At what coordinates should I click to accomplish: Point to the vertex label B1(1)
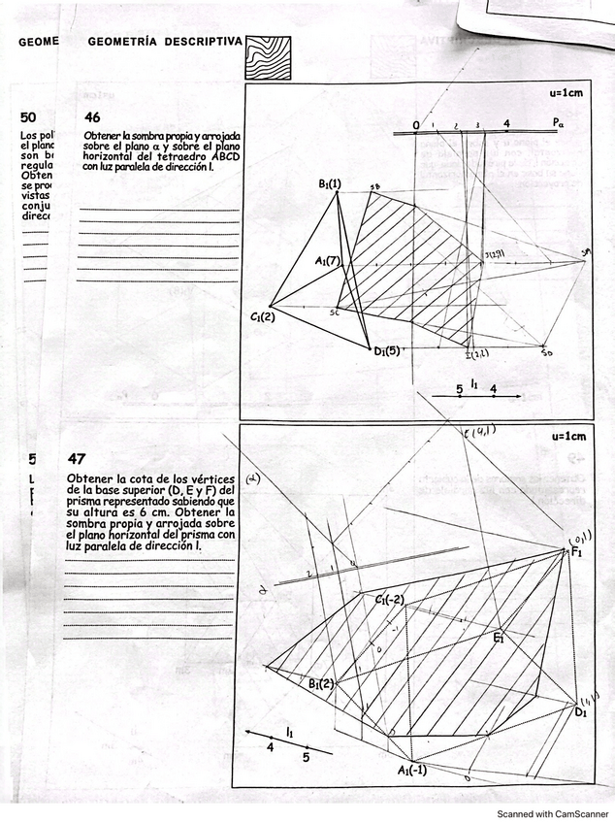(x=329, y=183)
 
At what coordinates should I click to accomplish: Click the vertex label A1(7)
(x=327, y=260)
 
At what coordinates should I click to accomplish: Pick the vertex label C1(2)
(x=263, y=316)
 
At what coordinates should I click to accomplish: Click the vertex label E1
(x=498, y=639)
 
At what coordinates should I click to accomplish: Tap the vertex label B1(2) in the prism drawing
(x=322, y=683)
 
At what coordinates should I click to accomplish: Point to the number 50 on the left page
(x=28, y=116)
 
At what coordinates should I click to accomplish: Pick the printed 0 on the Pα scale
(x=415, y=125)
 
